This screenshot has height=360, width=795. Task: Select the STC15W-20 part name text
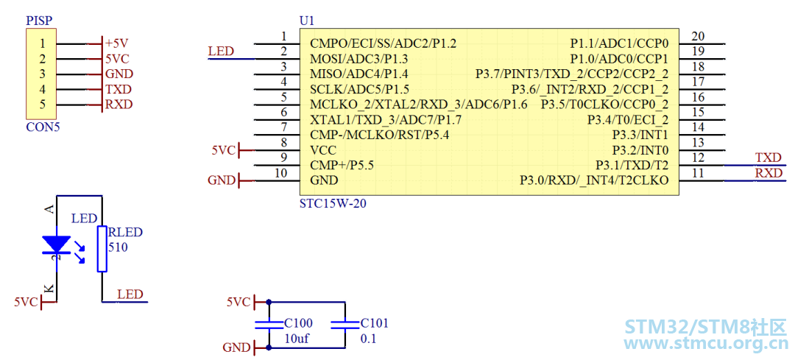coord(333,205)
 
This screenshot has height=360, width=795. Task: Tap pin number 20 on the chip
coord(698,36)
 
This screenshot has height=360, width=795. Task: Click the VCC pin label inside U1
coord(323,150)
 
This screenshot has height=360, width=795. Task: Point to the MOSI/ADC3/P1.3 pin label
coord(359,58)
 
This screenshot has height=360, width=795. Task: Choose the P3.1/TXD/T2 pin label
coord(632,166)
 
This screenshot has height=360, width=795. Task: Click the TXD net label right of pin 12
coord(768,158)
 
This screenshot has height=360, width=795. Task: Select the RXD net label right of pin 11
coord(768,173)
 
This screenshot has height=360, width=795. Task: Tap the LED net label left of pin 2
coord(221,52)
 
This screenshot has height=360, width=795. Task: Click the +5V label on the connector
coord(118,43)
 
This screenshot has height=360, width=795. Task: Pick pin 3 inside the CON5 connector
coord(43,74)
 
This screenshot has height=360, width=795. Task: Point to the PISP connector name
coord(39,21)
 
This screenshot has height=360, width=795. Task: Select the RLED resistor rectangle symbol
coord(102,249)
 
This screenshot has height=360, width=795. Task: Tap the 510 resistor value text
coord(118,248)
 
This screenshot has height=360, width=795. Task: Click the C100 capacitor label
coord(299,323)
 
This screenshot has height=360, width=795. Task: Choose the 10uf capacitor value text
coord(297,339)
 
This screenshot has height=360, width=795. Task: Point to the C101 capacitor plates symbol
coord(344,325)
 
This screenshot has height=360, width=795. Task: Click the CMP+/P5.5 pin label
coord(342,166)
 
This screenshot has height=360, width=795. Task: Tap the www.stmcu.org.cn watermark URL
coord(704,345)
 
